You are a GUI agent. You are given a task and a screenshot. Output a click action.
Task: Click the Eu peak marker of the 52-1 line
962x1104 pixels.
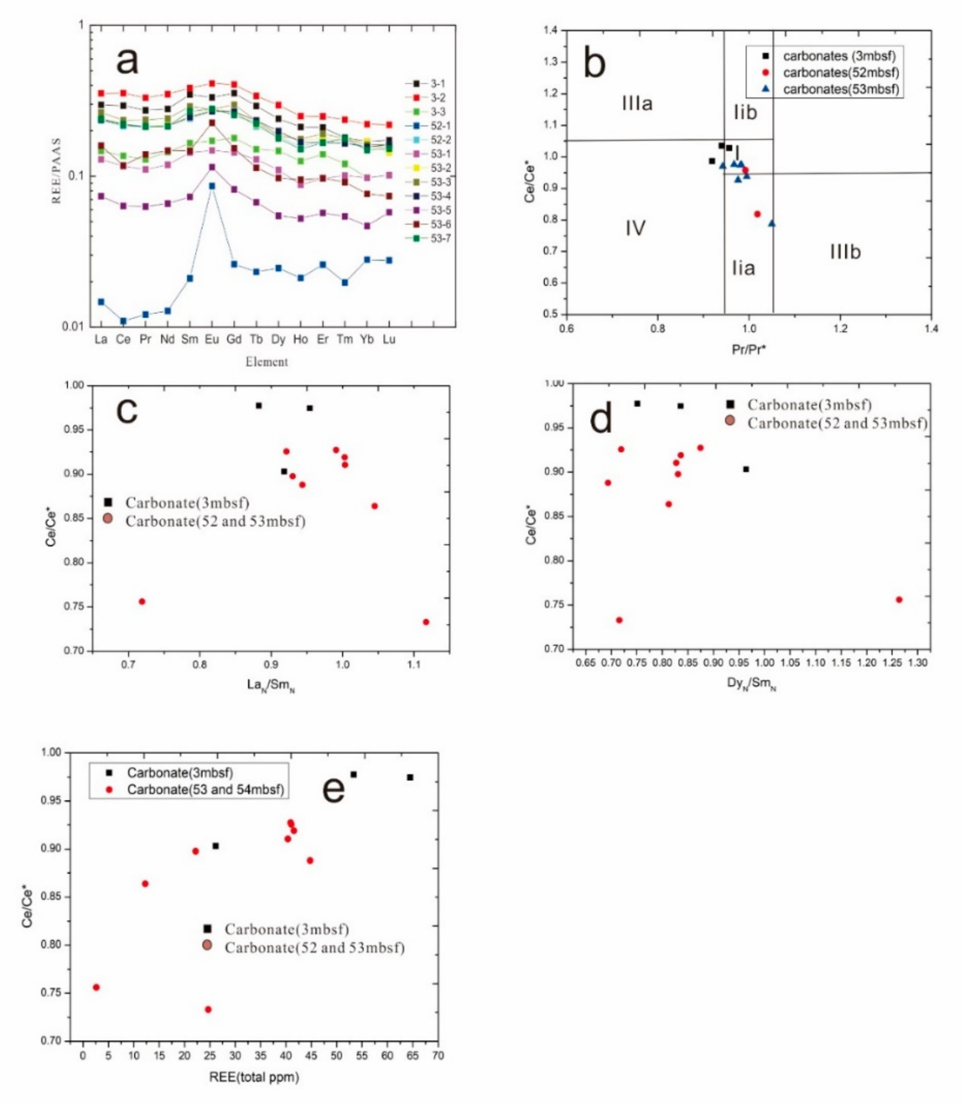212,186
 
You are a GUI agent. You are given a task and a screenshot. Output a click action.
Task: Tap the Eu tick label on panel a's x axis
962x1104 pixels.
212,339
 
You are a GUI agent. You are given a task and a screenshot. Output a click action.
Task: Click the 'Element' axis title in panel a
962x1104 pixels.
267,362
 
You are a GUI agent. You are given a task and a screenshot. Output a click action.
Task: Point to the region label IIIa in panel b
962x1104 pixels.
637,103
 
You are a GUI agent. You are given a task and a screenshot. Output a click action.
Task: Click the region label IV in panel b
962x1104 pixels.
635,228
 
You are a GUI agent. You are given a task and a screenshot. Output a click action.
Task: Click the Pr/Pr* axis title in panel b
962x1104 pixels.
748,349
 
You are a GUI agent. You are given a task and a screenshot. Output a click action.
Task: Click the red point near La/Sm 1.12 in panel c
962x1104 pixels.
426,622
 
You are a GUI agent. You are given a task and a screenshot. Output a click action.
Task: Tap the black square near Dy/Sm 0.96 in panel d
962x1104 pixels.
746,469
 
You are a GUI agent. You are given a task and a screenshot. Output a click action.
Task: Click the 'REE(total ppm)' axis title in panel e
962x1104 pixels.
254,1077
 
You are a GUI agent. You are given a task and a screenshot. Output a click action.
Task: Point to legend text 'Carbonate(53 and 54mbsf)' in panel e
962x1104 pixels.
205,789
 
